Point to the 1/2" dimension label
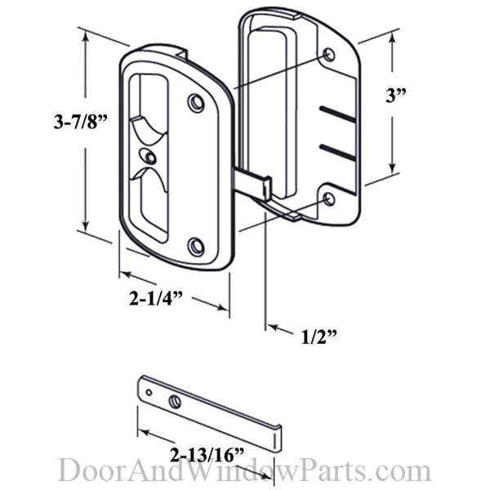(x=318, y=335)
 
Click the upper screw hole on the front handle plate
(x=195, y=103)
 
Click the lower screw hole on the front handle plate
(x=196, y=245)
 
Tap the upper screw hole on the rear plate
(x=329, y=56)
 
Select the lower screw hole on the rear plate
(x=329, y=198)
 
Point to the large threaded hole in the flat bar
(x=176, y=400)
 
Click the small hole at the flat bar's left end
(x=149, y=392)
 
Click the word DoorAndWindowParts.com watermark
(x=244, y=471)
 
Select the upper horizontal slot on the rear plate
(x=337, y=114)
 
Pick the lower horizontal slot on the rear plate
(x=337, y=153)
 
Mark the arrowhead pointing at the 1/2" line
(x=272, y=328)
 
